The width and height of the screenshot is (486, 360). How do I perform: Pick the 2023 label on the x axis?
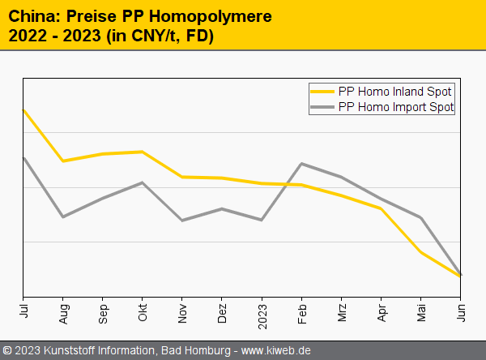pyautogui.click(x=262, y=312)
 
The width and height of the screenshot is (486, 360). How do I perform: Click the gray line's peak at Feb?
pyautogui.click(x=301, y=164)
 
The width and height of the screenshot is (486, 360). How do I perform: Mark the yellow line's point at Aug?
pyautogui.click(x=63, y=161)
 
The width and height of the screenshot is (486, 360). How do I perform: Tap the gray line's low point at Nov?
pyautogui.click(x=182, y=221)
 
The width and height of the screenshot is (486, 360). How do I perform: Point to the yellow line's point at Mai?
pyautogui.click(x=420, y=253)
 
